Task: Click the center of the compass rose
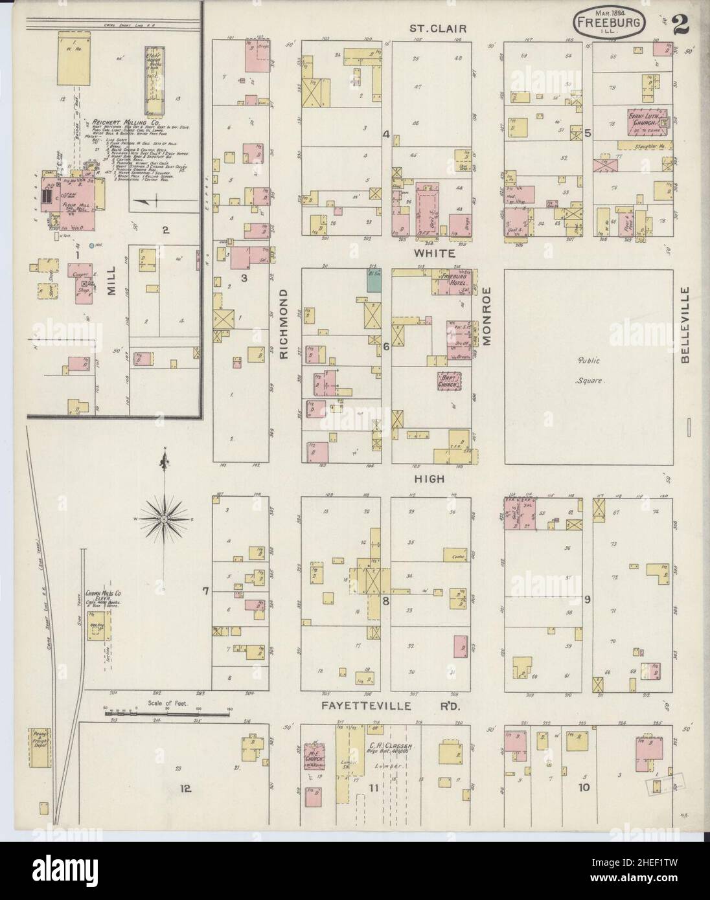coord(165,519)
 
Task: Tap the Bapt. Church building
coord(453,381)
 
